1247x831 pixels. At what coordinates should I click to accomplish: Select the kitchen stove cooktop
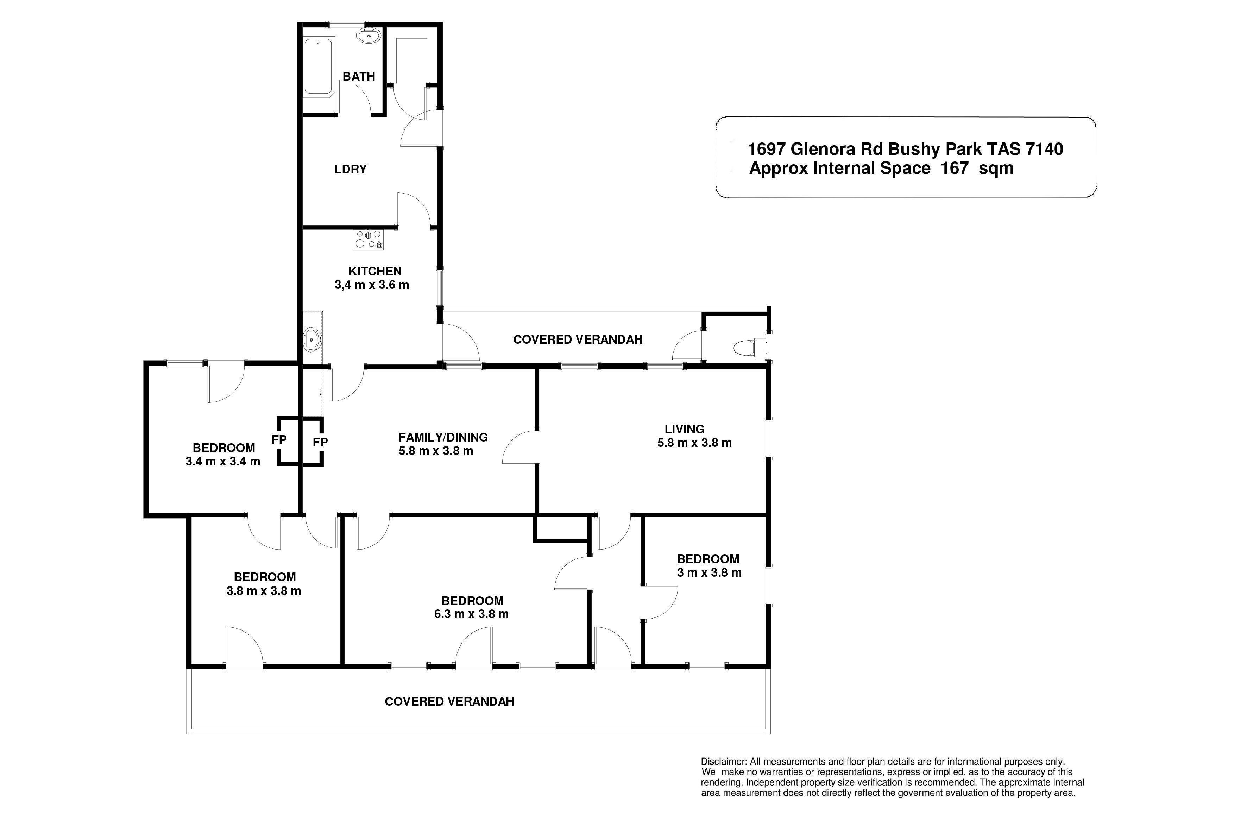click(x=368, y=240)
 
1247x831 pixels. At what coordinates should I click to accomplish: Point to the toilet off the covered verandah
click(x=750, y=348)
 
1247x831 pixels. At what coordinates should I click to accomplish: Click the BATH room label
click(x=359, y=76)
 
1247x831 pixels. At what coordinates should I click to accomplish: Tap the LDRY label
click(x=351, y=170)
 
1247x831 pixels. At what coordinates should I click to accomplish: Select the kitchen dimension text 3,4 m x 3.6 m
click(x=372, y=285)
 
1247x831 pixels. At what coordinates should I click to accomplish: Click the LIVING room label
click(x=685, y=429)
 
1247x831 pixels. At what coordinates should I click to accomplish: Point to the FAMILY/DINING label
click(x=443, y=438)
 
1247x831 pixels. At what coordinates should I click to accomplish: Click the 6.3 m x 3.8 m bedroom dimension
click(x=471, y=614)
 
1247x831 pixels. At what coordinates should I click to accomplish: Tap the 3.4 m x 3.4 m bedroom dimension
click(x=223, y=462)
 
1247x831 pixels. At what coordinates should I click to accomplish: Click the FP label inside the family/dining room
click(x=320, y=442)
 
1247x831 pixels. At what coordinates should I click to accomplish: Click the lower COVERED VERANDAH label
click(x=449, y=702)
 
